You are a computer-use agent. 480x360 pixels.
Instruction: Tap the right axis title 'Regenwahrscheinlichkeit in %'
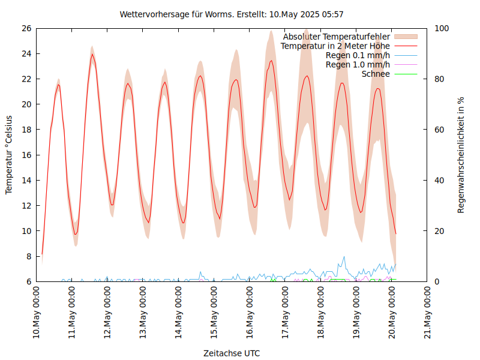(x=461, y=155)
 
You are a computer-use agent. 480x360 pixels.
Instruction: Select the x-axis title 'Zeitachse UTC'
(x=232, y=353)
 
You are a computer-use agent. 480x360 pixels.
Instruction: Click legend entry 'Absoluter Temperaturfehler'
(x=336, y=37)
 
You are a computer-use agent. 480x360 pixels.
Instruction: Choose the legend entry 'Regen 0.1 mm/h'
(x=358, y=55)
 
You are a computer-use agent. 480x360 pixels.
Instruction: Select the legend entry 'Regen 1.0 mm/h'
(x=358, y=65)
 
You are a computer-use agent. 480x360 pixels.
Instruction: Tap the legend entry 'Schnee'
(x=376, y=74)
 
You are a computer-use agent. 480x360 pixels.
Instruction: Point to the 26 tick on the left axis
(x=26, y=28)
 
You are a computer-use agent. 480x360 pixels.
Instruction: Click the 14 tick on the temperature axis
(x=26, y=180)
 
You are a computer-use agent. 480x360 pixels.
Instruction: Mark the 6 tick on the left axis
(x=28, y=281)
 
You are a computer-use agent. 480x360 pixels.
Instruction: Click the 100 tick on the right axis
(x=442, y=28)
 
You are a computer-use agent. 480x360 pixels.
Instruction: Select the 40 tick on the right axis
(x=439, y=180)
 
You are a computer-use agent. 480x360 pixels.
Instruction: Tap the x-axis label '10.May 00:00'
(x=37, y=311)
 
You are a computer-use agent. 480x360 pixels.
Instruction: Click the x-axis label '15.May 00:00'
(x=214, y=311)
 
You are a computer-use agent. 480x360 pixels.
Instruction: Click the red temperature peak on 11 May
(x=92, y=54)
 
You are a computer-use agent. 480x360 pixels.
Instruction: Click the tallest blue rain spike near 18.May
(x=344, y=257)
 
